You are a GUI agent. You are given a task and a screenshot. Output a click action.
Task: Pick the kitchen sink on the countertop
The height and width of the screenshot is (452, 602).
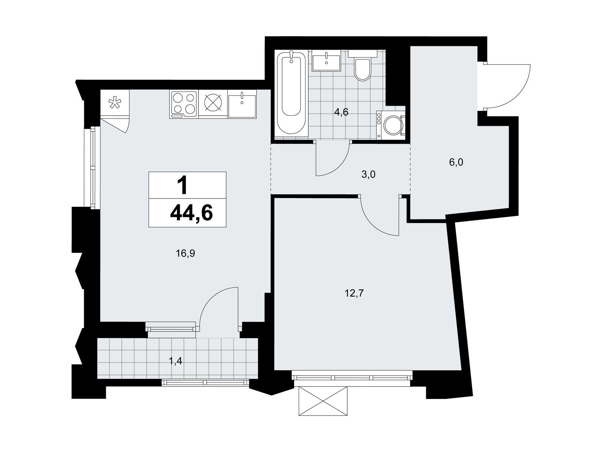pyautogui.click(x=242, y=105)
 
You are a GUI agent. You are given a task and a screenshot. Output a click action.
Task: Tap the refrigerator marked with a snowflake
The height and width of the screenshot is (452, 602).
pyautogui.click(x=115, y=103)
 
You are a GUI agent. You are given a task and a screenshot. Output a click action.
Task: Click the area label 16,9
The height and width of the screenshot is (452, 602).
pyautogui.click(x=185, y=253)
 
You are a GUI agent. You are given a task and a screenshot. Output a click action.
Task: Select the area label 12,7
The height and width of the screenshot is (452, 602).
pyautogui.click(x=354, y=293)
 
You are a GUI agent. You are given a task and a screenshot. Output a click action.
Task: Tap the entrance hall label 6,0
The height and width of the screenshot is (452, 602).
pyautogui.click(x=456, y=162)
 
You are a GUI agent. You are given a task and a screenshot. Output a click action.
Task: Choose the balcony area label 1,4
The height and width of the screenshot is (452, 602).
pyautogui.click(x=176, y=361)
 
